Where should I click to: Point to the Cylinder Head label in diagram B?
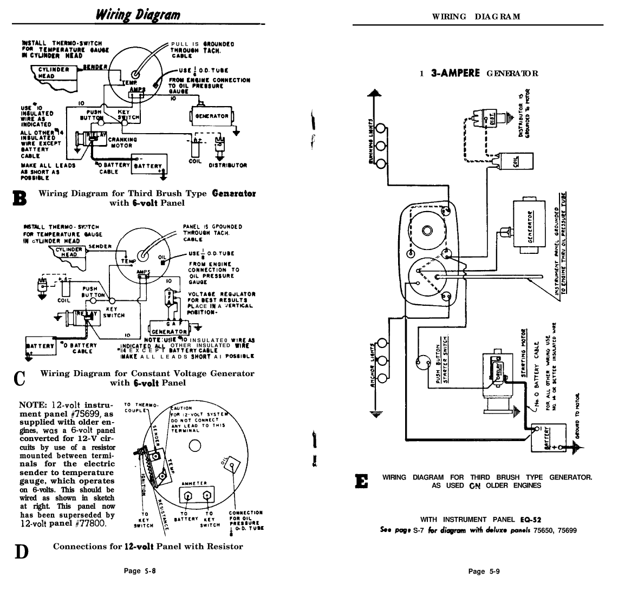coord(53,73)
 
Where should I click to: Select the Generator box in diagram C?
coord(168,331)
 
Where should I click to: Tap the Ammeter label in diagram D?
coord(193,483)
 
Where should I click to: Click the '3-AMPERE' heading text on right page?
coord(455,73)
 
